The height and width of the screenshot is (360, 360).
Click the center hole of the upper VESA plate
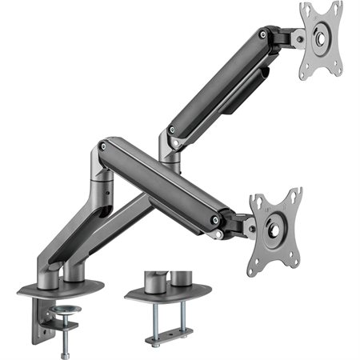321,37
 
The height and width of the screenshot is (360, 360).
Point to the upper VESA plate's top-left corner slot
305,10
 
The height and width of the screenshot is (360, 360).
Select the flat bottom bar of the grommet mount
169,330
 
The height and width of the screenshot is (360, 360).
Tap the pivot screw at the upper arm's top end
262,34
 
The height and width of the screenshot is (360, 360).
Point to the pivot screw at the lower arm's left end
102,146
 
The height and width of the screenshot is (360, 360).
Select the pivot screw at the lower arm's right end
214,219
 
